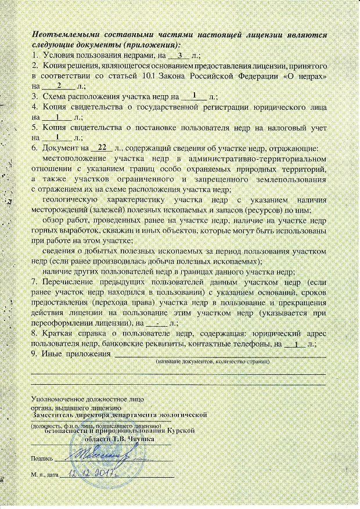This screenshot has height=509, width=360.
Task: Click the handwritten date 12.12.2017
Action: tap(93, 475)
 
